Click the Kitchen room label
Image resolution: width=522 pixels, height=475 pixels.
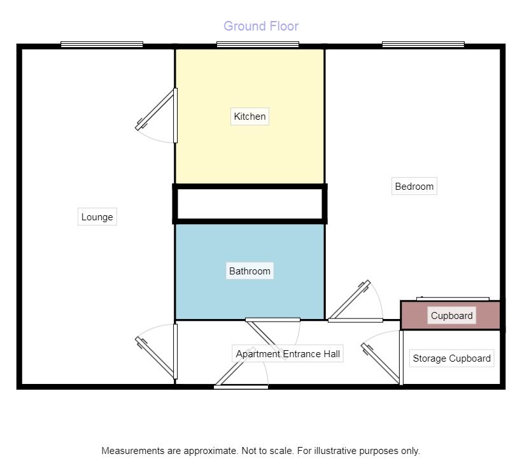click(250, 117)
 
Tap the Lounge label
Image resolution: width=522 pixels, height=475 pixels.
click(97, 217)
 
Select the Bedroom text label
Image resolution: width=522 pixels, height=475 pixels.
click(414, 187)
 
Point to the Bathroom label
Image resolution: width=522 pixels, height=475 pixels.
click(250, 271)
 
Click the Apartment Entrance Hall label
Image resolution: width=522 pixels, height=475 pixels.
click(288, 354)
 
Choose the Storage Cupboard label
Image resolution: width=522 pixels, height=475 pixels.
click(451, 358)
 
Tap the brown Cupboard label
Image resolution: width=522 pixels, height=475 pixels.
click(451, 316)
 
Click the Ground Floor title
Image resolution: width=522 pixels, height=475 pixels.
click(261, 26)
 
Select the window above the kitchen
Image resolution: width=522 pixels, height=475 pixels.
click(257, 45)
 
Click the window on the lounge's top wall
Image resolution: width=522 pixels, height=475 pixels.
click(102, 45)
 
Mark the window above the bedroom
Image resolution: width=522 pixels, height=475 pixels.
click(423, 45)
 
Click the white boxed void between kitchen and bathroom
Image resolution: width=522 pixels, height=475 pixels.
click(250, 204)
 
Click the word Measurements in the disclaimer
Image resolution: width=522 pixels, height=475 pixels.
click(131, 451)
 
